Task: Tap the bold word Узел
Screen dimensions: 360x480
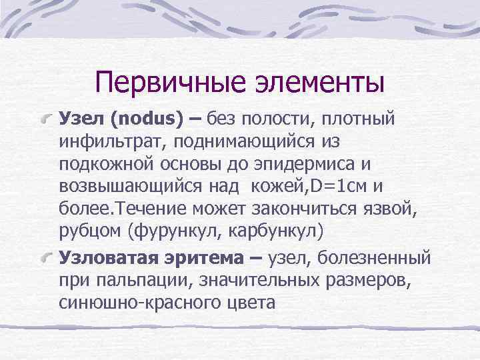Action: pos(82,119)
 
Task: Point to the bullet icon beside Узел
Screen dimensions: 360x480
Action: pos(48,120)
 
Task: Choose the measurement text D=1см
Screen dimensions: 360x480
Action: pos(325,187)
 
